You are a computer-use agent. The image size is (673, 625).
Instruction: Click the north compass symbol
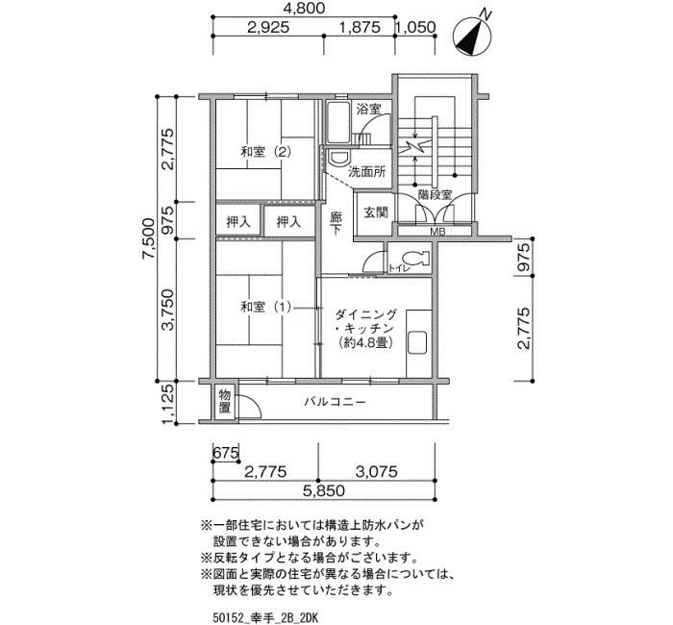pos(473,35)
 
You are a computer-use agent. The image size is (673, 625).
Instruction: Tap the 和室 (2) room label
pos(266,152)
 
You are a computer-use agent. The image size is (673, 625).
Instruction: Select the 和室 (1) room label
pos(266,308)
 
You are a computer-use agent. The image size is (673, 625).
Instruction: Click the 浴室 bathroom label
pos(368,109)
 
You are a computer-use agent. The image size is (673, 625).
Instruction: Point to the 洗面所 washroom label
pos(367,172)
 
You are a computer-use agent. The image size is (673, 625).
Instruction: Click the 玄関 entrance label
pos(376,212)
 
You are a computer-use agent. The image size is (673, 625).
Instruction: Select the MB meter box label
pos(437,232)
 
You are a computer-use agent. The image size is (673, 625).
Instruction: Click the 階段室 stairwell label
pos(435,194)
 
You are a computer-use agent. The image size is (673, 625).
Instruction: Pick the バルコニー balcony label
pos(336,402)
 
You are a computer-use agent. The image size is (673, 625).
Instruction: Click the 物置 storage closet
pos(224,401)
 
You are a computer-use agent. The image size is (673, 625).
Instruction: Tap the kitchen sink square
pos(416,342)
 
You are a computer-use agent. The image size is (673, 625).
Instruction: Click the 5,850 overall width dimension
pos(324,490)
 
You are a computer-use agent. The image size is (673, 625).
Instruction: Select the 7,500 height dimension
pos(149,238)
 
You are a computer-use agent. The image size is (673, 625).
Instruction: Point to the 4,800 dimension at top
pos(304,8)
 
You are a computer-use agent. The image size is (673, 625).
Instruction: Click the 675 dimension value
pos(226,453)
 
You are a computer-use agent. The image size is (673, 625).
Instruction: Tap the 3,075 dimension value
pos(377,472)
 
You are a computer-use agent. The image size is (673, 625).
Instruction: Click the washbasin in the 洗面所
pos(339,158)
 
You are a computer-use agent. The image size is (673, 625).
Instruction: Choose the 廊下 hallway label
pos(336,223)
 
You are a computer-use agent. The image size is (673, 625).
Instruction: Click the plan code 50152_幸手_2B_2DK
pos(264,617)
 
